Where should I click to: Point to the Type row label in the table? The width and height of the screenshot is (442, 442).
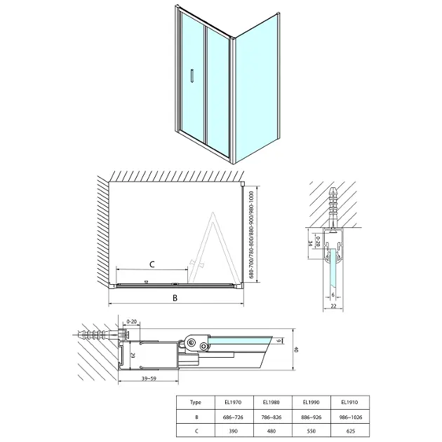(x=196, y=402)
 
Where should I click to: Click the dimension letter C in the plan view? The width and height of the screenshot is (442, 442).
(x=152, y=264)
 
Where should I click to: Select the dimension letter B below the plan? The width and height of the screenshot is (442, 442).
(x=175, y=299)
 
